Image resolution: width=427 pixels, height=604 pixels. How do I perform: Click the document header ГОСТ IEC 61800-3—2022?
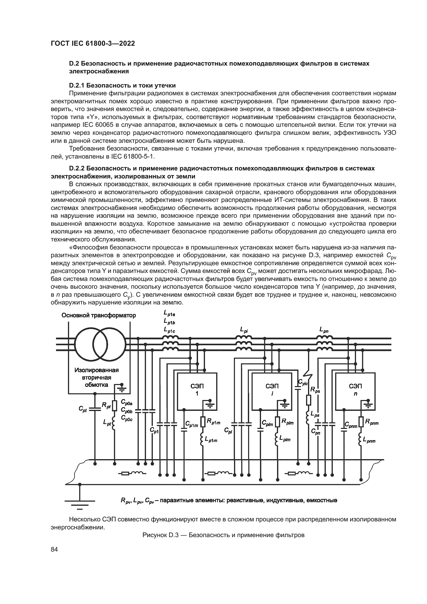pos(93,43)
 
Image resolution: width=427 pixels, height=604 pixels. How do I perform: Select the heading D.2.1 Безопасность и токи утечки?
pos(122,85)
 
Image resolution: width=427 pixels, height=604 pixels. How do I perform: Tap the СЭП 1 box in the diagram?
pos(197,391)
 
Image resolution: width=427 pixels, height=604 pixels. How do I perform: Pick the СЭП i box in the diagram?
pos(272,391)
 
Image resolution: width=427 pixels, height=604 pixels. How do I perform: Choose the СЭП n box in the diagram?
pos(355,391)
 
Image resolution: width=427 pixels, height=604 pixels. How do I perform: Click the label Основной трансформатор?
pos(99,315)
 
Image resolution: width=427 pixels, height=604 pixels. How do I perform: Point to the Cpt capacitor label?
pos(82,409)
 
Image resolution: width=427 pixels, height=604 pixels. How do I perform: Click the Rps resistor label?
pos(315,390)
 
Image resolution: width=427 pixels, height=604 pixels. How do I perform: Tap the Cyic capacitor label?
pos(303,382)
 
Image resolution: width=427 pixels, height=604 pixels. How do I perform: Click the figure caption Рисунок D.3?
pos(223,535)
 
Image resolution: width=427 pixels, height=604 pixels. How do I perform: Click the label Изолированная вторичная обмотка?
pos(97,378)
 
